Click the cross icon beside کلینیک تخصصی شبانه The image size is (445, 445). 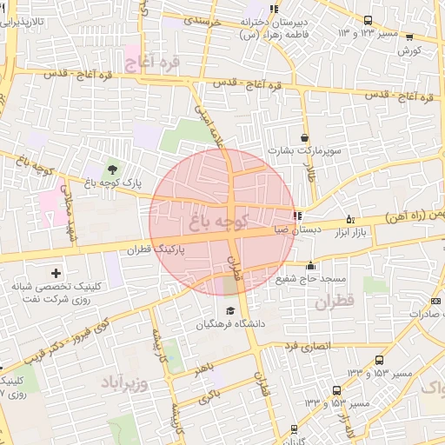56,274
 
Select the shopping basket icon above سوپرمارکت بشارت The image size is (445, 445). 303,137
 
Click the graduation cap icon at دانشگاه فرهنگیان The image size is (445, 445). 229,311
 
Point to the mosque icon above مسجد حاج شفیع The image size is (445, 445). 310,265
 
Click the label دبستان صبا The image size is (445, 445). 269,230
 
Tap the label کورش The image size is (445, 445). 408,50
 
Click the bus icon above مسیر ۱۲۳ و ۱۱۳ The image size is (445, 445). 368,20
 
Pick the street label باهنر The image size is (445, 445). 203,370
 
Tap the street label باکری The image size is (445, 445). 208,398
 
